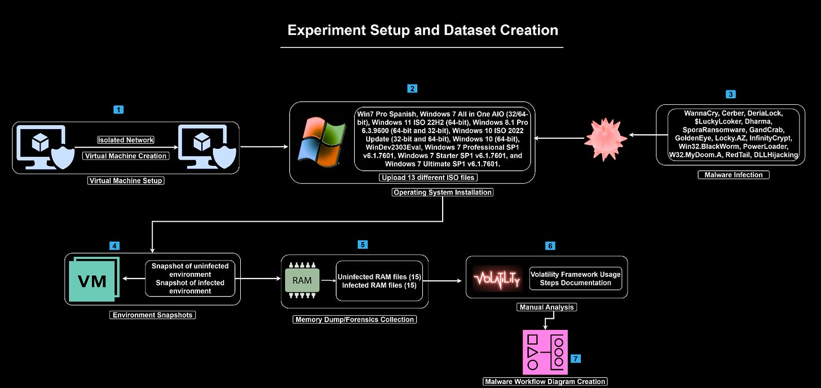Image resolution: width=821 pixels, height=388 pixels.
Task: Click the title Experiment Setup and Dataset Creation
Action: point(422,30)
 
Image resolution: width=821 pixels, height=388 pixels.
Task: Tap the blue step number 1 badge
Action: point(118,109)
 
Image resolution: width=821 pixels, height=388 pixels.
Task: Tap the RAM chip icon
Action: point(302,280)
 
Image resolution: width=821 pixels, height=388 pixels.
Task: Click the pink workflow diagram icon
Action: point(544,352)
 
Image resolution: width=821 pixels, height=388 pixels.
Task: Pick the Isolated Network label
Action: point(126,140)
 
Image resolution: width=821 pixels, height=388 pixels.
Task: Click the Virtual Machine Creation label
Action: point(125,156)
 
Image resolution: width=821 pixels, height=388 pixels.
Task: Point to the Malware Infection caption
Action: point(733,175)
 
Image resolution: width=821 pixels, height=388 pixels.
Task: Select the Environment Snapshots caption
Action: point(152,315)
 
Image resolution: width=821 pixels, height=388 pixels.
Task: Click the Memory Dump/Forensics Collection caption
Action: point(355,320)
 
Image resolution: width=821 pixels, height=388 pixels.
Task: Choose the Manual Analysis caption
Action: point(546,307)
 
